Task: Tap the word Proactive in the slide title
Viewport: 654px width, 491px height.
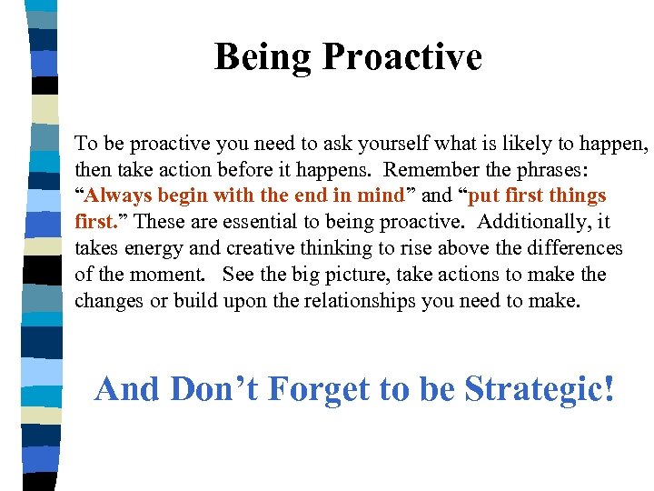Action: coord(401,57)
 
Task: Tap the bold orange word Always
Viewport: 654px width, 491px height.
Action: coord(121,195)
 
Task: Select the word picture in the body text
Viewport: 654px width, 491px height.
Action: coord(362,275)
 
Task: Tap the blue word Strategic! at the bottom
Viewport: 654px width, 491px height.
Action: coord(540,389)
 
